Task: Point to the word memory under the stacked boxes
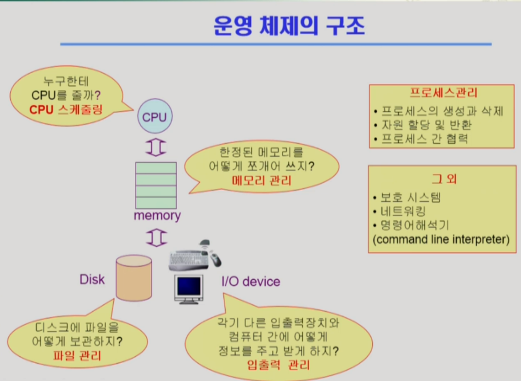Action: [157, 215]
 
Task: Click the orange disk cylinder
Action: [133, 278]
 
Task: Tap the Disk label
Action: [92, 279]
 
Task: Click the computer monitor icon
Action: [189, 288]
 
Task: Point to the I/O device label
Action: [251, 281]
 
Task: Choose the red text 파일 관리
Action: [77, 355]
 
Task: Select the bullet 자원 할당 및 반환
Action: [425, 125]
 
